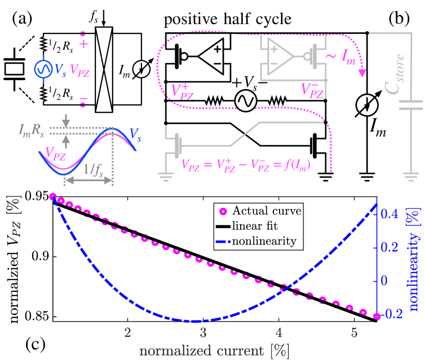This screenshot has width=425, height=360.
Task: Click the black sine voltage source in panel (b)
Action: click(x=245, y=101)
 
